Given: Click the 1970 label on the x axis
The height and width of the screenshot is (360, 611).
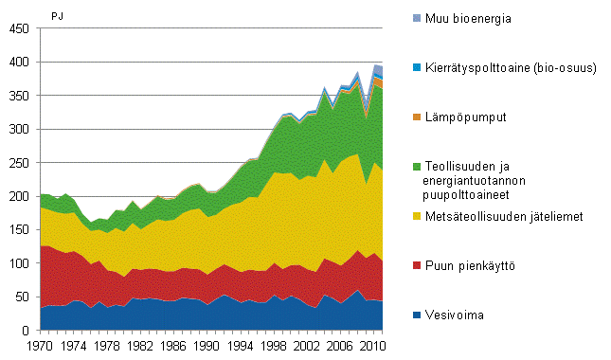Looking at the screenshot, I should coord(39,346).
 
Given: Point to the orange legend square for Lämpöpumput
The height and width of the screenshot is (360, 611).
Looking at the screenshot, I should coord(417,117).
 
